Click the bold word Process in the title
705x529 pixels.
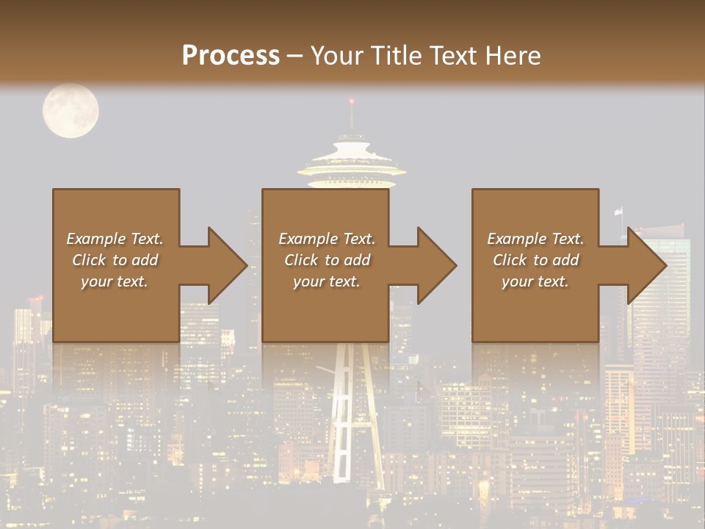pos(231,55)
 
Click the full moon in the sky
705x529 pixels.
pos(70,111)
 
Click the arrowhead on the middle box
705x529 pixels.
pos(435,265)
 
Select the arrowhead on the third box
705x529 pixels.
pos(646,265)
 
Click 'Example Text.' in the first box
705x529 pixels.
pos(115,239)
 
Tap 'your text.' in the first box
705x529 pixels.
pos(115,281)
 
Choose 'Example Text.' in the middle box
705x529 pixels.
pos(327,239)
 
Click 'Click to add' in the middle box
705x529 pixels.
pos(327,260)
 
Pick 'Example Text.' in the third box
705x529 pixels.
pos(535,239)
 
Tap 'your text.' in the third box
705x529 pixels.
pos(535,281)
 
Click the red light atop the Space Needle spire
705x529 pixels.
pos(352,101)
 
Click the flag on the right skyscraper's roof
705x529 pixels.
pos(618,212)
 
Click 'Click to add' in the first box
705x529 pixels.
pos(115,260)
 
